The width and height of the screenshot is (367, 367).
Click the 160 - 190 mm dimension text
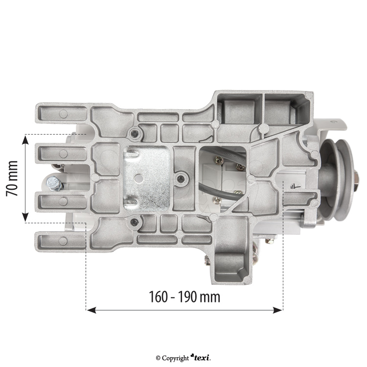tap(184, 297)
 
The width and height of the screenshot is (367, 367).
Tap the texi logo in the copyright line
tap(201, 358)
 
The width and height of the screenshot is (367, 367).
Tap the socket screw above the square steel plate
tap(133, 133)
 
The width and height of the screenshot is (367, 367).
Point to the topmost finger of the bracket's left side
tap(59, 114)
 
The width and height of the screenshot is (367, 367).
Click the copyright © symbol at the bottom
tap(158, 358)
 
